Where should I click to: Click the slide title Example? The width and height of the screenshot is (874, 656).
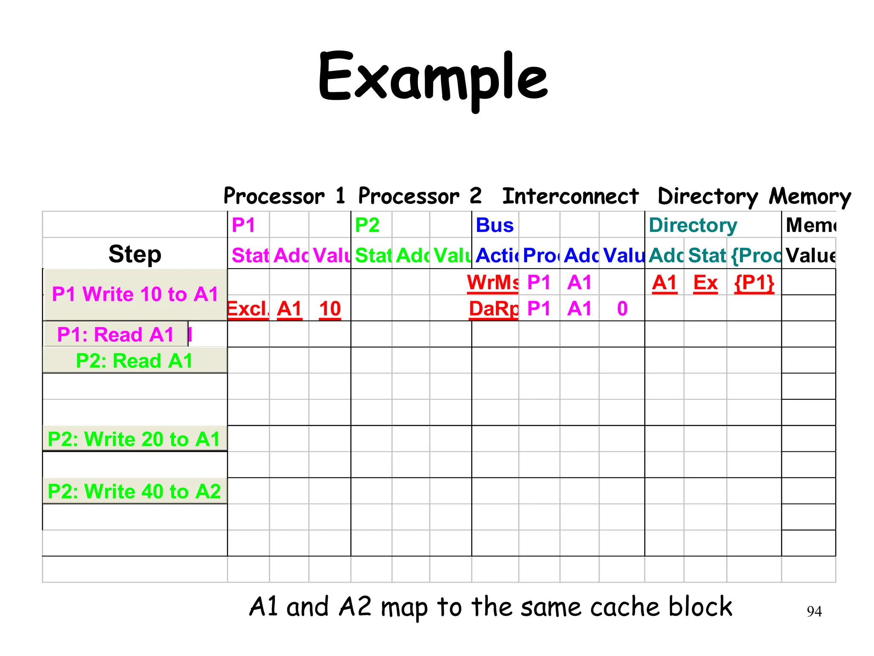pos(433,79)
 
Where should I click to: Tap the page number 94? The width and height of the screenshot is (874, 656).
pos(814,612)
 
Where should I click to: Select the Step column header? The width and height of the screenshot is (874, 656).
pos(135,254)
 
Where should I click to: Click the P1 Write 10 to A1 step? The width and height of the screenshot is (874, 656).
pos(135,294)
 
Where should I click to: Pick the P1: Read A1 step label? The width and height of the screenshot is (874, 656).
pos(116,334)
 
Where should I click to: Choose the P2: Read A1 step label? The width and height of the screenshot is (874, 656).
pos(134,361)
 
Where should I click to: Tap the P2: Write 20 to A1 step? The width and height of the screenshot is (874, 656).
pos(134,439)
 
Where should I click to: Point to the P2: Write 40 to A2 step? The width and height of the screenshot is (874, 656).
pos(134,491)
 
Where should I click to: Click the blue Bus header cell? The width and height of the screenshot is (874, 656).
pos(495,225)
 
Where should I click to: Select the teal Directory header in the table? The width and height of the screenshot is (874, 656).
pos(693,225)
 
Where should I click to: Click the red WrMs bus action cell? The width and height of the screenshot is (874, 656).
pos(493,283)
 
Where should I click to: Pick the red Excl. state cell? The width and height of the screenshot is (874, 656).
pos(248,309)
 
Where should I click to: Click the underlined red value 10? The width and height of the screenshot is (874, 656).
pos(330,309)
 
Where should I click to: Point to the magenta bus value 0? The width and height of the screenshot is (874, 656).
pos(622,309)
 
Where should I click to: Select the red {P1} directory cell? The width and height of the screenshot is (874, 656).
pos(754,283)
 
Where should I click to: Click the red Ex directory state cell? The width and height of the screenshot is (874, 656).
pos(705,283)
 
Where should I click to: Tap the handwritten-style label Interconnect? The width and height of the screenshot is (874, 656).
pos(570,196)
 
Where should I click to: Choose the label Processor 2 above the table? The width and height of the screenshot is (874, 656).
pos(420,196)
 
